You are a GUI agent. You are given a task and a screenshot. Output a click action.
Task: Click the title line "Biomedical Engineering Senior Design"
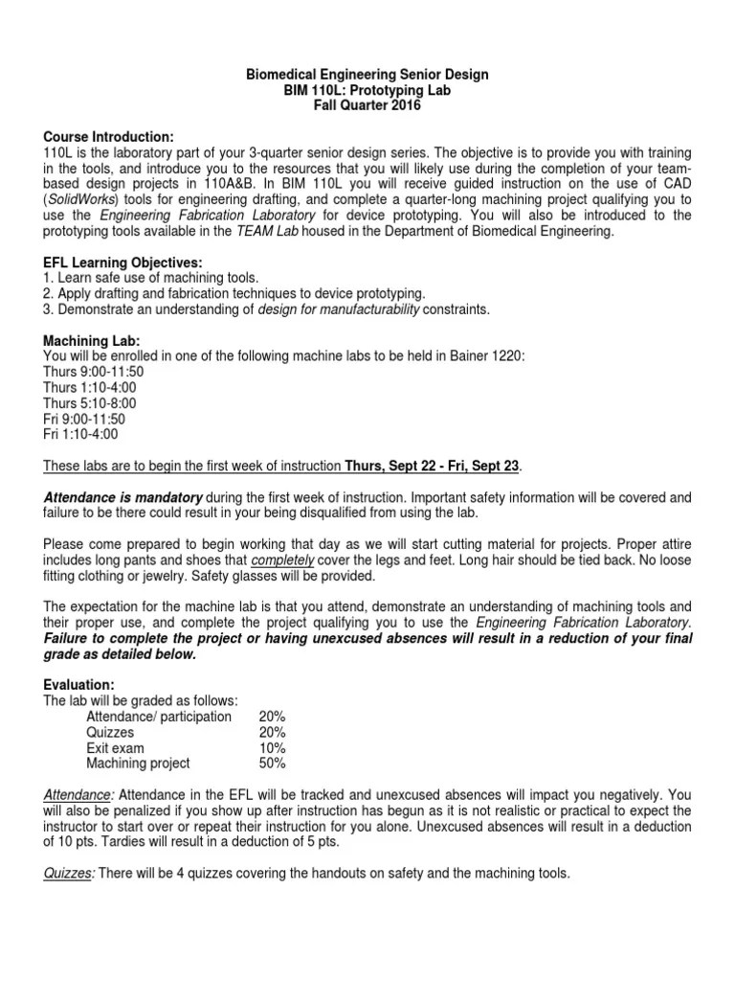tap(368, 75)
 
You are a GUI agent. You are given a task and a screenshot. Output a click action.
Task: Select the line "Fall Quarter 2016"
tap(368, 105)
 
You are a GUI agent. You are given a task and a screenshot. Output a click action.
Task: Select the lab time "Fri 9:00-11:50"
tap(84, 417)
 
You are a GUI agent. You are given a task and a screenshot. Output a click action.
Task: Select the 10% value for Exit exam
tap(272, 746)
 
